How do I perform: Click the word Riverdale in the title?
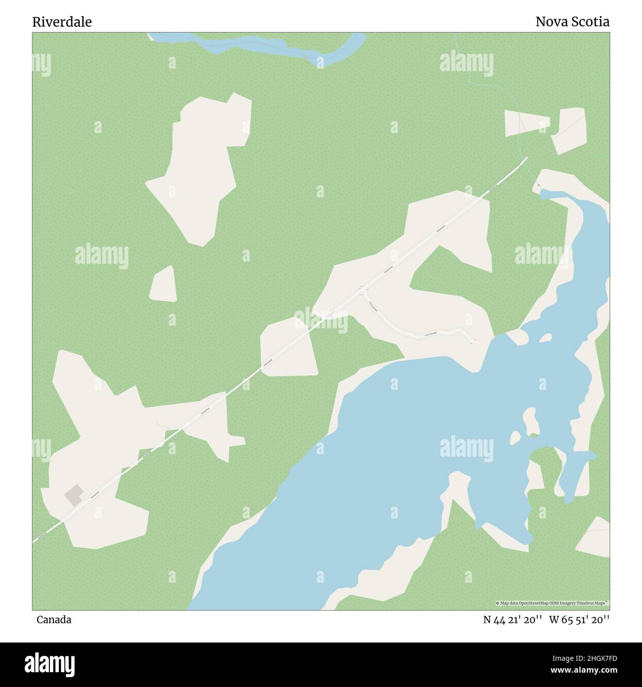pos(62,22)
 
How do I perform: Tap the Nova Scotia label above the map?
pos(572,22)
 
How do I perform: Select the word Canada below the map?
pos(53,619)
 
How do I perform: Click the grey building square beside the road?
pos(74,495)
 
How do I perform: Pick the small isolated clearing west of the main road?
pos(163,285)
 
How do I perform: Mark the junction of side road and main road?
pos(362,291)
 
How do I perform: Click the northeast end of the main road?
pos(526,158)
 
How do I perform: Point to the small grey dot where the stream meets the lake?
pos(539,186)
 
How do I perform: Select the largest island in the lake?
pos(531,423)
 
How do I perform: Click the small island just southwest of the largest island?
pos(515,437)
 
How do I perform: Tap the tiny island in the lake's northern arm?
pos(545,338)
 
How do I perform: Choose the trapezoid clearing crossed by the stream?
pos(526,123)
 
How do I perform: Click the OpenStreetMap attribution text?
pos(552,603)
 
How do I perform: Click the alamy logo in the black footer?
pos(50,663)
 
